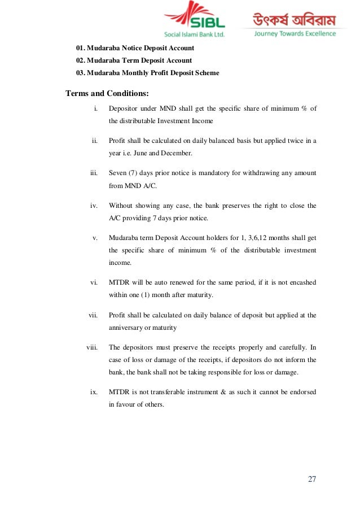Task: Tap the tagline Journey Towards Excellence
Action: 295,34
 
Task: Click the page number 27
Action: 312,480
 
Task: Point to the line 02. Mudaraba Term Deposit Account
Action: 134,60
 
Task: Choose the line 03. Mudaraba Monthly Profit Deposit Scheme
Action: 147,73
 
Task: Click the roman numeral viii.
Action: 93,347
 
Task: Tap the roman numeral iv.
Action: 95,206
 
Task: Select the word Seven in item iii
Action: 118,173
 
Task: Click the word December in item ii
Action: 177,152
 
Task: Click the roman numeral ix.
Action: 95,391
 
